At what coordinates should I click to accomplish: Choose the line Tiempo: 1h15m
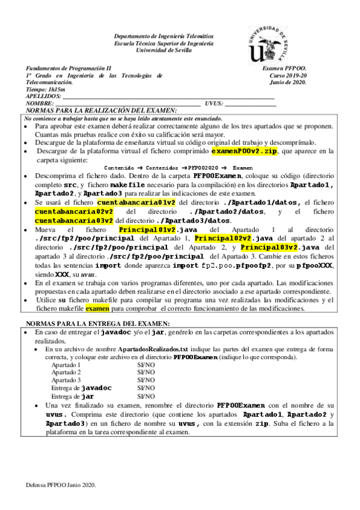45,89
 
